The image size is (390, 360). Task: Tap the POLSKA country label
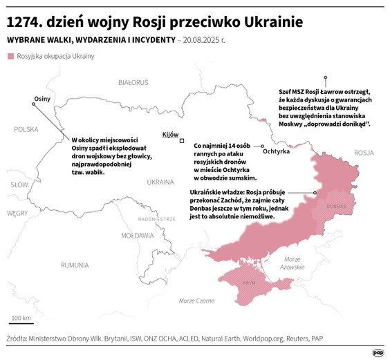(26, 129)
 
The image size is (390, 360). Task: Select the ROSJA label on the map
(363, 153)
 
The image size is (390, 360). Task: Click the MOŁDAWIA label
(138, 235)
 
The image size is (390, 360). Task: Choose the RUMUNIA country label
(74, 265)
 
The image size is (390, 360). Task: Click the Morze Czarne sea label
(196, 301)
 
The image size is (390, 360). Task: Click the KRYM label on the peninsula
(249, 284)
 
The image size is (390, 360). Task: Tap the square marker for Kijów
(182, 141)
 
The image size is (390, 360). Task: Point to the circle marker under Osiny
(35, 105)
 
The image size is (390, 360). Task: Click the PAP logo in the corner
(378, 352)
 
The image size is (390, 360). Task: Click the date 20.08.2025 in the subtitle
(207, 39)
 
